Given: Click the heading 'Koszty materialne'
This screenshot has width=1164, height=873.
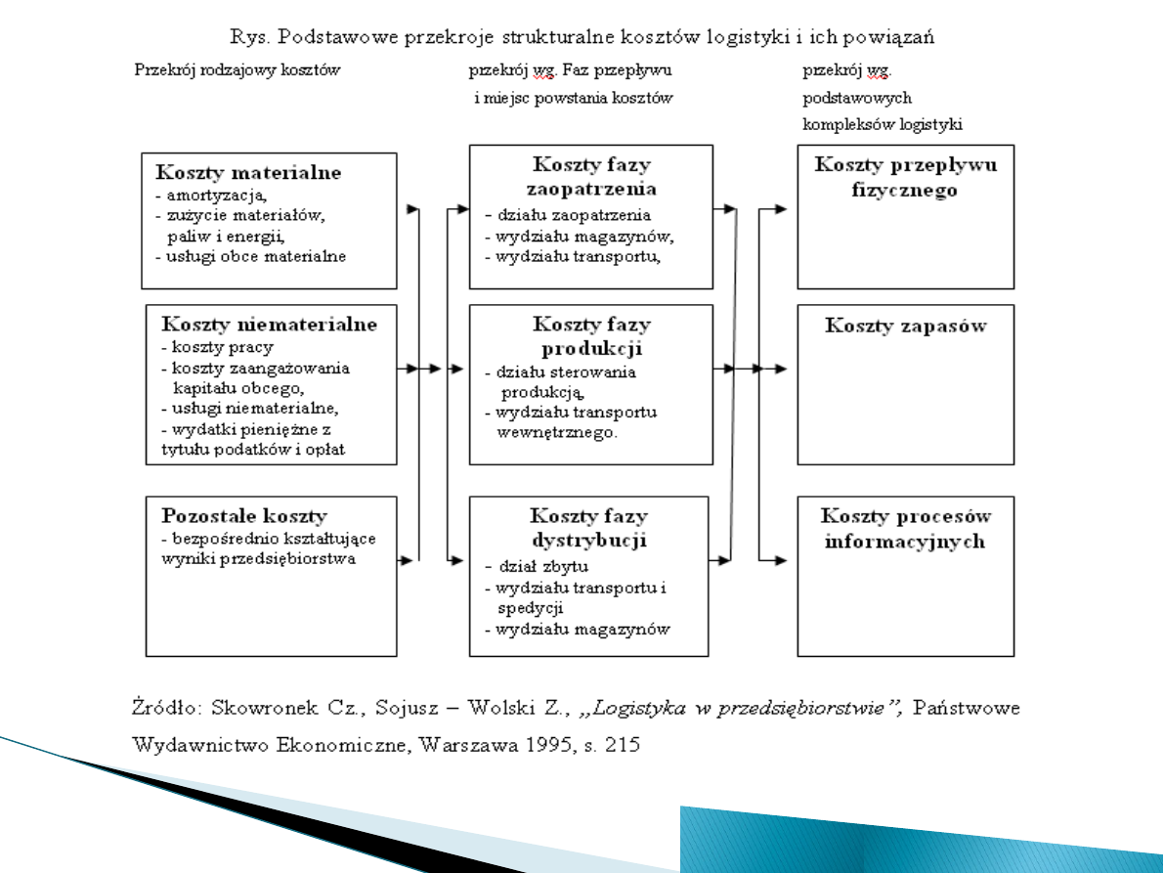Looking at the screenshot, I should pos(248,173).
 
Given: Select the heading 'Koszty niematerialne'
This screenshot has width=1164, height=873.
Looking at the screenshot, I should pos(269,325).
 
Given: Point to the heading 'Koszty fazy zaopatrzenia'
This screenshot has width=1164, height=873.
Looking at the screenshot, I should pos(591,177).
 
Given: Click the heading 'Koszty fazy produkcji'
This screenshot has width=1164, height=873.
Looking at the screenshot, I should pos(591,336).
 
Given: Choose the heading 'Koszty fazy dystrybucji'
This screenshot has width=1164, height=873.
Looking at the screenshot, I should pos(588,527).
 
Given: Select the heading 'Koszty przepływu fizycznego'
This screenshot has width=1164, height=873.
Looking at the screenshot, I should pos(905,177).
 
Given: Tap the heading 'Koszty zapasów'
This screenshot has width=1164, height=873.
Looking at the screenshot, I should pos(905,326).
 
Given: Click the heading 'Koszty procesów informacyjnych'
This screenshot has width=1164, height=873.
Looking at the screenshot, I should pos(905,528).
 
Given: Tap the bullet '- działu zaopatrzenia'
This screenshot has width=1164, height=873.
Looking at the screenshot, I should pos(568,215).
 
